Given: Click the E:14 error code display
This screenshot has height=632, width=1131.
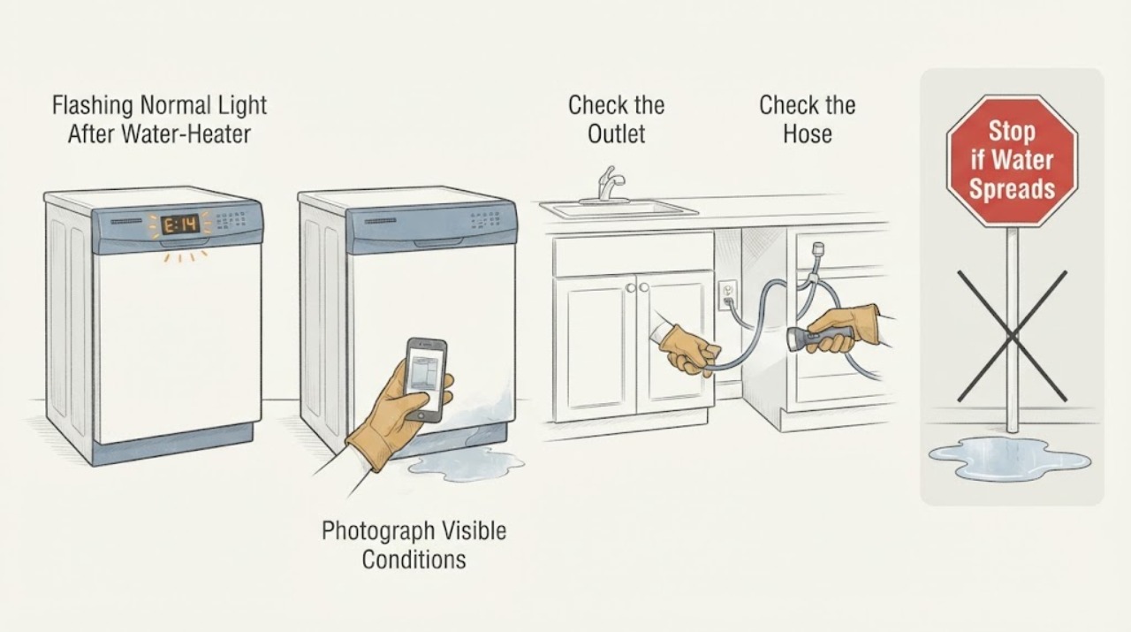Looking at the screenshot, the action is [180, 225].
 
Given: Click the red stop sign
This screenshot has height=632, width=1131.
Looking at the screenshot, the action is [1012, 160].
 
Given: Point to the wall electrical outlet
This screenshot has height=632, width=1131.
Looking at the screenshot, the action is [727, 294].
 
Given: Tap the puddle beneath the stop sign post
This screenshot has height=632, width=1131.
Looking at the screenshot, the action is [1009, 457].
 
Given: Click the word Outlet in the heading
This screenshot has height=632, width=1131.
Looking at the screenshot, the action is [616, 133].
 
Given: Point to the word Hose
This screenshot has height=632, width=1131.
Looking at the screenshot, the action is [807, 133].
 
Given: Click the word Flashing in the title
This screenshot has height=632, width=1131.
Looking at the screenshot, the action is [93, 105].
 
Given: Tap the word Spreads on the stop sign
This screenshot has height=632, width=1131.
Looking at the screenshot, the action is [1012, 189].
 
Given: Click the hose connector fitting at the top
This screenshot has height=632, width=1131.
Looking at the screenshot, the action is [817, 249].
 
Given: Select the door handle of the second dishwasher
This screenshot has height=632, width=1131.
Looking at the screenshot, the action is [438, 242].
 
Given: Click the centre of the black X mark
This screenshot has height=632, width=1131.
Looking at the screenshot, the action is [1012, 336].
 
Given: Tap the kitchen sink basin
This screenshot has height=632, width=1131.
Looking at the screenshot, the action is [618, 209].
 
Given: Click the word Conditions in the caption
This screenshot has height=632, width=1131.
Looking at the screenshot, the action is [414, 560].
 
